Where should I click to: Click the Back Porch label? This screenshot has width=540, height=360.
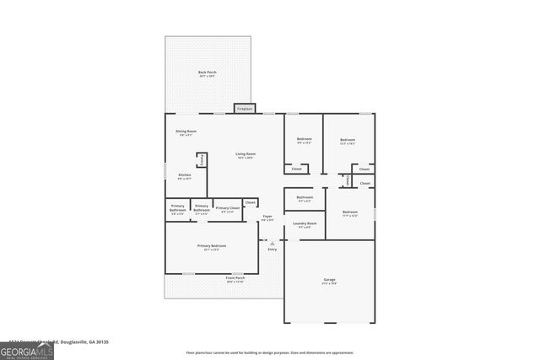(x=208, y=74)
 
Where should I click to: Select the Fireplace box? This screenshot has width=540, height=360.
(x=245, y=109)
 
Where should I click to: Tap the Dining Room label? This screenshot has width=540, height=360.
(x=186, y=132)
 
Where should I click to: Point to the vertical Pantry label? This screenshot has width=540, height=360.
(x=202, y=160)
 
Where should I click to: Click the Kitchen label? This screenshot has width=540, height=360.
(x=184, y=176)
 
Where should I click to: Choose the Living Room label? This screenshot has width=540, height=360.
(x=246, y=155)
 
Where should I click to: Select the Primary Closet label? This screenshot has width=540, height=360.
(x=226, y=209)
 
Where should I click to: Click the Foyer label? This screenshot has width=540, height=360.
(x=267, y=218)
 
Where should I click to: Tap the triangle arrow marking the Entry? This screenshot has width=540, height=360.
(x=272, y=243)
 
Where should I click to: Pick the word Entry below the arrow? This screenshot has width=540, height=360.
(x=272, y=250)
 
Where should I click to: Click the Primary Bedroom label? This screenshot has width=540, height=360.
(x=212, y=247)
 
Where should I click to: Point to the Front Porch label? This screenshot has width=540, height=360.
(x=235, y=279)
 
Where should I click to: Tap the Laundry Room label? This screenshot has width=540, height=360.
(x=304, y=225)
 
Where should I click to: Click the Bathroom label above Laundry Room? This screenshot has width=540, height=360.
(x=305, y=199)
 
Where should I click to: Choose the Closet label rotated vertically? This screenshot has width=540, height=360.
(x=347, y=180)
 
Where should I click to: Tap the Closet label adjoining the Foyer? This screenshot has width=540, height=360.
(x=250, y=202)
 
